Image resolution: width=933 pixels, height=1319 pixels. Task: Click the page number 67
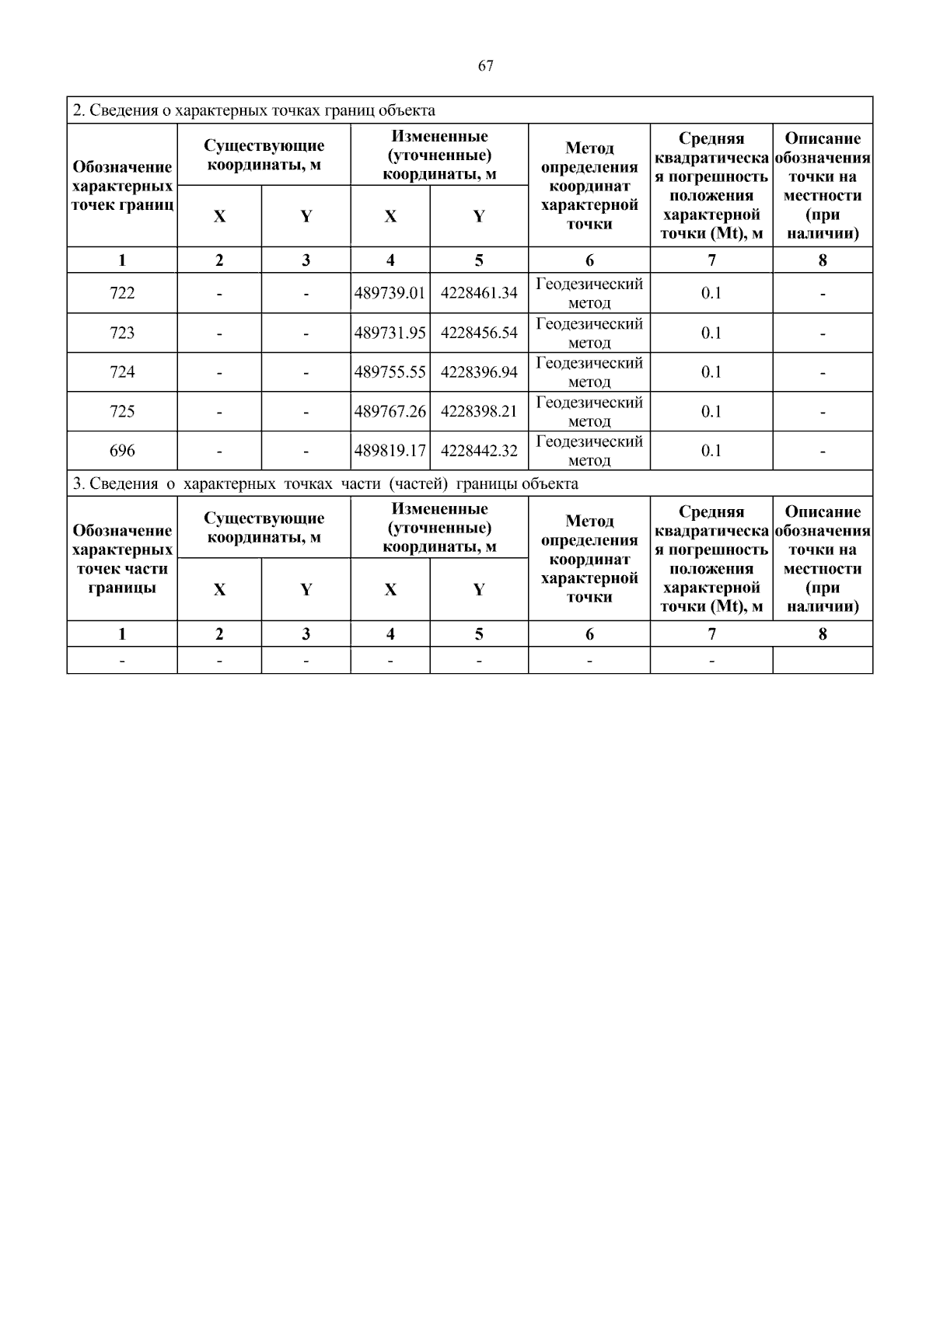point(485,66)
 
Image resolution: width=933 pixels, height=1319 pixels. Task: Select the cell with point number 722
point(122,293)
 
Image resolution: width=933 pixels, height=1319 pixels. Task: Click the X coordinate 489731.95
point(390,333)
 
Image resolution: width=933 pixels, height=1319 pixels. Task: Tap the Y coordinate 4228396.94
point(479,372)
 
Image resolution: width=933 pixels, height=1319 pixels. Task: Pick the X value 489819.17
point(390,451)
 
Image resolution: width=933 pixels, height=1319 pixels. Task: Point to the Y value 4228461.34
point(479,293)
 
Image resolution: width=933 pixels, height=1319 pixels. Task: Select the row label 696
point(122,451)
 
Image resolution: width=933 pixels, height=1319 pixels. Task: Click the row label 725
point(122,411)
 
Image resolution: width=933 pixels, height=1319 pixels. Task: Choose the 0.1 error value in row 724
point(711,372)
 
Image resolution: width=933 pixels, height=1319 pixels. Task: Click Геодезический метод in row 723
point(589,333)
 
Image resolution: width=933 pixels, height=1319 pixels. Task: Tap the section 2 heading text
point(253,110)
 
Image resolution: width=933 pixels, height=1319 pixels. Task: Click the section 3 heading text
point(325,483)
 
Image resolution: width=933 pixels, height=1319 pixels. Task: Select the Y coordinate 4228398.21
point(479,411)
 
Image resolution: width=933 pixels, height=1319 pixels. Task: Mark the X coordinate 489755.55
point(390,372)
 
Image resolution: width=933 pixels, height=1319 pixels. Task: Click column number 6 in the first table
point(589,260)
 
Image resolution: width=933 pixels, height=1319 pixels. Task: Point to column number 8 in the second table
point(823,633)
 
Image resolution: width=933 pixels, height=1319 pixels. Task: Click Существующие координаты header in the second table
point(264,528)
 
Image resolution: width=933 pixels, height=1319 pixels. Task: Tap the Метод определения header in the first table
point(589,186)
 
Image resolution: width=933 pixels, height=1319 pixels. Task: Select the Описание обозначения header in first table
point(823,186)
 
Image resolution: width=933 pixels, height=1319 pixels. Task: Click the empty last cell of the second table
point(823,661)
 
